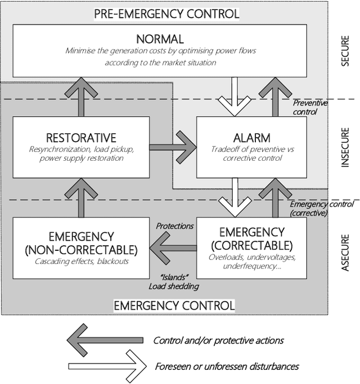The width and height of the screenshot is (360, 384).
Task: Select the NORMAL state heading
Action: (x=160, y=39)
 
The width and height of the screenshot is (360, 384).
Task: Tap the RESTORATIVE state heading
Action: (x=81, y=138)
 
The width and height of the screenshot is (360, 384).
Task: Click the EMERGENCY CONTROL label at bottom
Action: (x=174, y=305)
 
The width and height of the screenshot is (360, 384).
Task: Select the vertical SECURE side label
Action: (x=345, y=52)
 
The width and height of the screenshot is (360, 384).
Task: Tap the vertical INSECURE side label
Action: (x=345, y=147)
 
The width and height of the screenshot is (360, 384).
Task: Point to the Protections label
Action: (x=174, y=226)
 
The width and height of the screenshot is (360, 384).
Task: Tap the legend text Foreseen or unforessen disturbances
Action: (x=226, y=366)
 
